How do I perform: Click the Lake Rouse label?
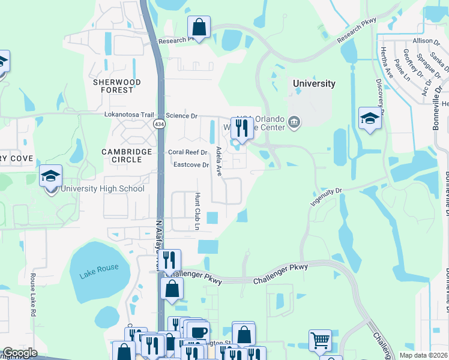tap(98, 267)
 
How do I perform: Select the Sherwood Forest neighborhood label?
tap(116, 86)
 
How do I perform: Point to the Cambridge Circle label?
tap(122, 156)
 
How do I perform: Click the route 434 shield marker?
tap(159, 124)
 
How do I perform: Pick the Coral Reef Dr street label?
tap(187, 152)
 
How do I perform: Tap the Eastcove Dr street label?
tap(190, 164)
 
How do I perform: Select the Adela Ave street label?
tap(219, 161)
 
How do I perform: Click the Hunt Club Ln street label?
tap(196, 211)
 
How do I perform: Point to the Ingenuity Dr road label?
tap(326, 194)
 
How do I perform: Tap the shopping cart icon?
tap(320, 340)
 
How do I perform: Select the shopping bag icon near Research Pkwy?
tap(199, 27)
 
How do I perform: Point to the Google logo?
tap(20, 353)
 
